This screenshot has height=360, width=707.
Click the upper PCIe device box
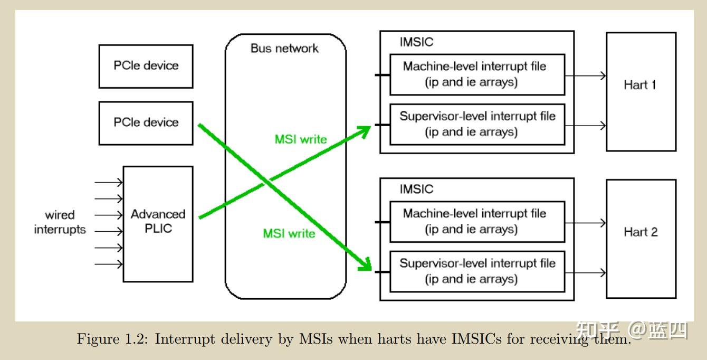click(x=146, y=66)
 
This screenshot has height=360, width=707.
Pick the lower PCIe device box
click(x=146, y=123)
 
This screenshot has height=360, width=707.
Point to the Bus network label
click(x=284, y=49)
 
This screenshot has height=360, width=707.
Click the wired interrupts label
click(x=60, y=222)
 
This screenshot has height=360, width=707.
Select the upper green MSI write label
click(x=301, y=140)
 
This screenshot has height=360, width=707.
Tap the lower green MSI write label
click(x=289, y=233)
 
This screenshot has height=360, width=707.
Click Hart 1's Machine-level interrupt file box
click(x=477, y=74)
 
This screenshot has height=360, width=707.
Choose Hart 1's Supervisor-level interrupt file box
click(x=477, y=124)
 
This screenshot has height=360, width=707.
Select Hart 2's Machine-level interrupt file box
click(x=477, y=222)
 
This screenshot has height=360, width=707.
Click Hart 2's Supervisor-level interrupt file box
click(x=477, y=271)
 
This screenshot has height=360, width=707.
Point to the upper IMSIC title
click(x=416, y=42)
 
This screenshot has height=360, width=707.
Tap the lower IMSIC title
click(x=416, y=190)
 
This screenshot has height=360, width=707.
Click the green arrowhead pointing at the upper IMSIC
click(x=364, y=131)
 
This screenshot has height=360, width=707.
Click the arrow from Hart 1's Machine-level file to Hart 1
click(x=586, y=75)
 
